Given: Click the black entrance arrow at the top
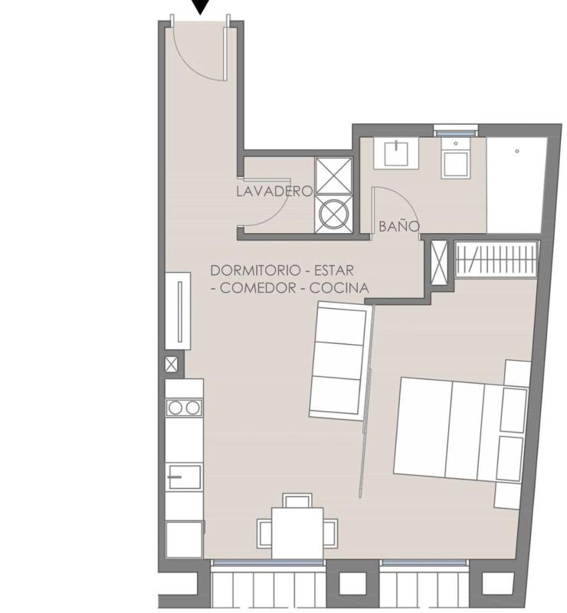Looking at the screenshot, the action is pyautogui.click(x=201, y=6).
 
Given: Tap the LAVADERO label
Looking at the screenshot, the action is pyautogui.click(x=274, y=191).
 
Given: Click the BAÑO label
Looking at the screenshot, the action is pyautogui.click(x=399, y=226).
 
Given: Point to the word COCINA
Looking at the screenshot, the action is pyautogui.click(x=339, y=288).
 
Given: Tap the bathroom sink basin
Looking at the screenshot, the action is pyautogui.click(x=396, y=153).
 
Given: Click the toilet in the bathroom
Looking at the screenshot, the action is pyautogui.click(x=455, y=159).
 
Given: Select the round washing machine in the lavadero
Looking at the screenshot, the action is pyautogui.click(x=333, y=214).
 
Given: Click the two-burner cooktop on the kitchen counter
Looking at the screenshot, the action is pyautogui.click(x=184, y=408).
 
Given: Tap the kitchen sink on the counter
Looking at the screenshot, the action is pyautogui.click(x=184, y=477).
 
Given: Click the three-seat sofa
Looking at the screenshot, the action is pyautogui.click(x=339, y=361).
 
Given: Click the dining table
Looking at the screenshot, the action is pyautogui.click(x=297, y=533).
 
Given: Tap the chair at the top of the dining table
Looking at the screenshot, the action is pyautogui.click(x=297, y=500).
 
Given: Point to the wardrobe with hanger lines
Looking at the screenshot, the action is pyautogui.click(x=497, y=258).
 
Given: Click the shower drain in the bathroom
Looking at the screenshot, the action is pyautogui.click(x=517, y=151).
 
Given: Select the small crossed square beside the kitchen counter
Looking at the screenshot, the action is pyautogui.click(x=172, y=365).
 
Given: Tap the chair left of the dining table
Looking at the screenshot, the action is pyautogui.click(x=264, y=533).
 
